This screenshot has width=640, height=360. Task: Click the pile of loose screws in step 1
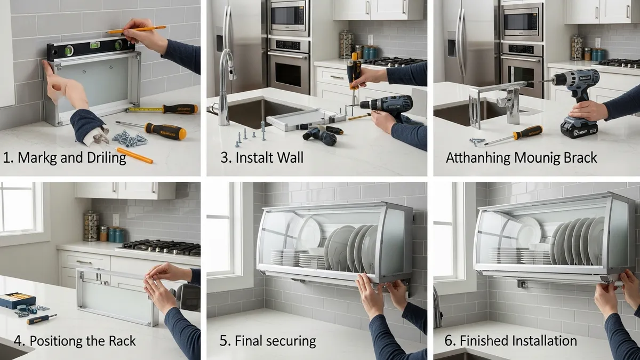130,139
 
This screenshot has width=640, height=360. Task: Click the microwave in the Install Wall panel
289,18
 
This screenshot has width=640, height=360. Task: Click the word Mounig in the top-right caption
540,158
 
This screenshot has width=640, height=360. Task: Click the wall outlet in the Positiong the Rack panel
116,220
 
